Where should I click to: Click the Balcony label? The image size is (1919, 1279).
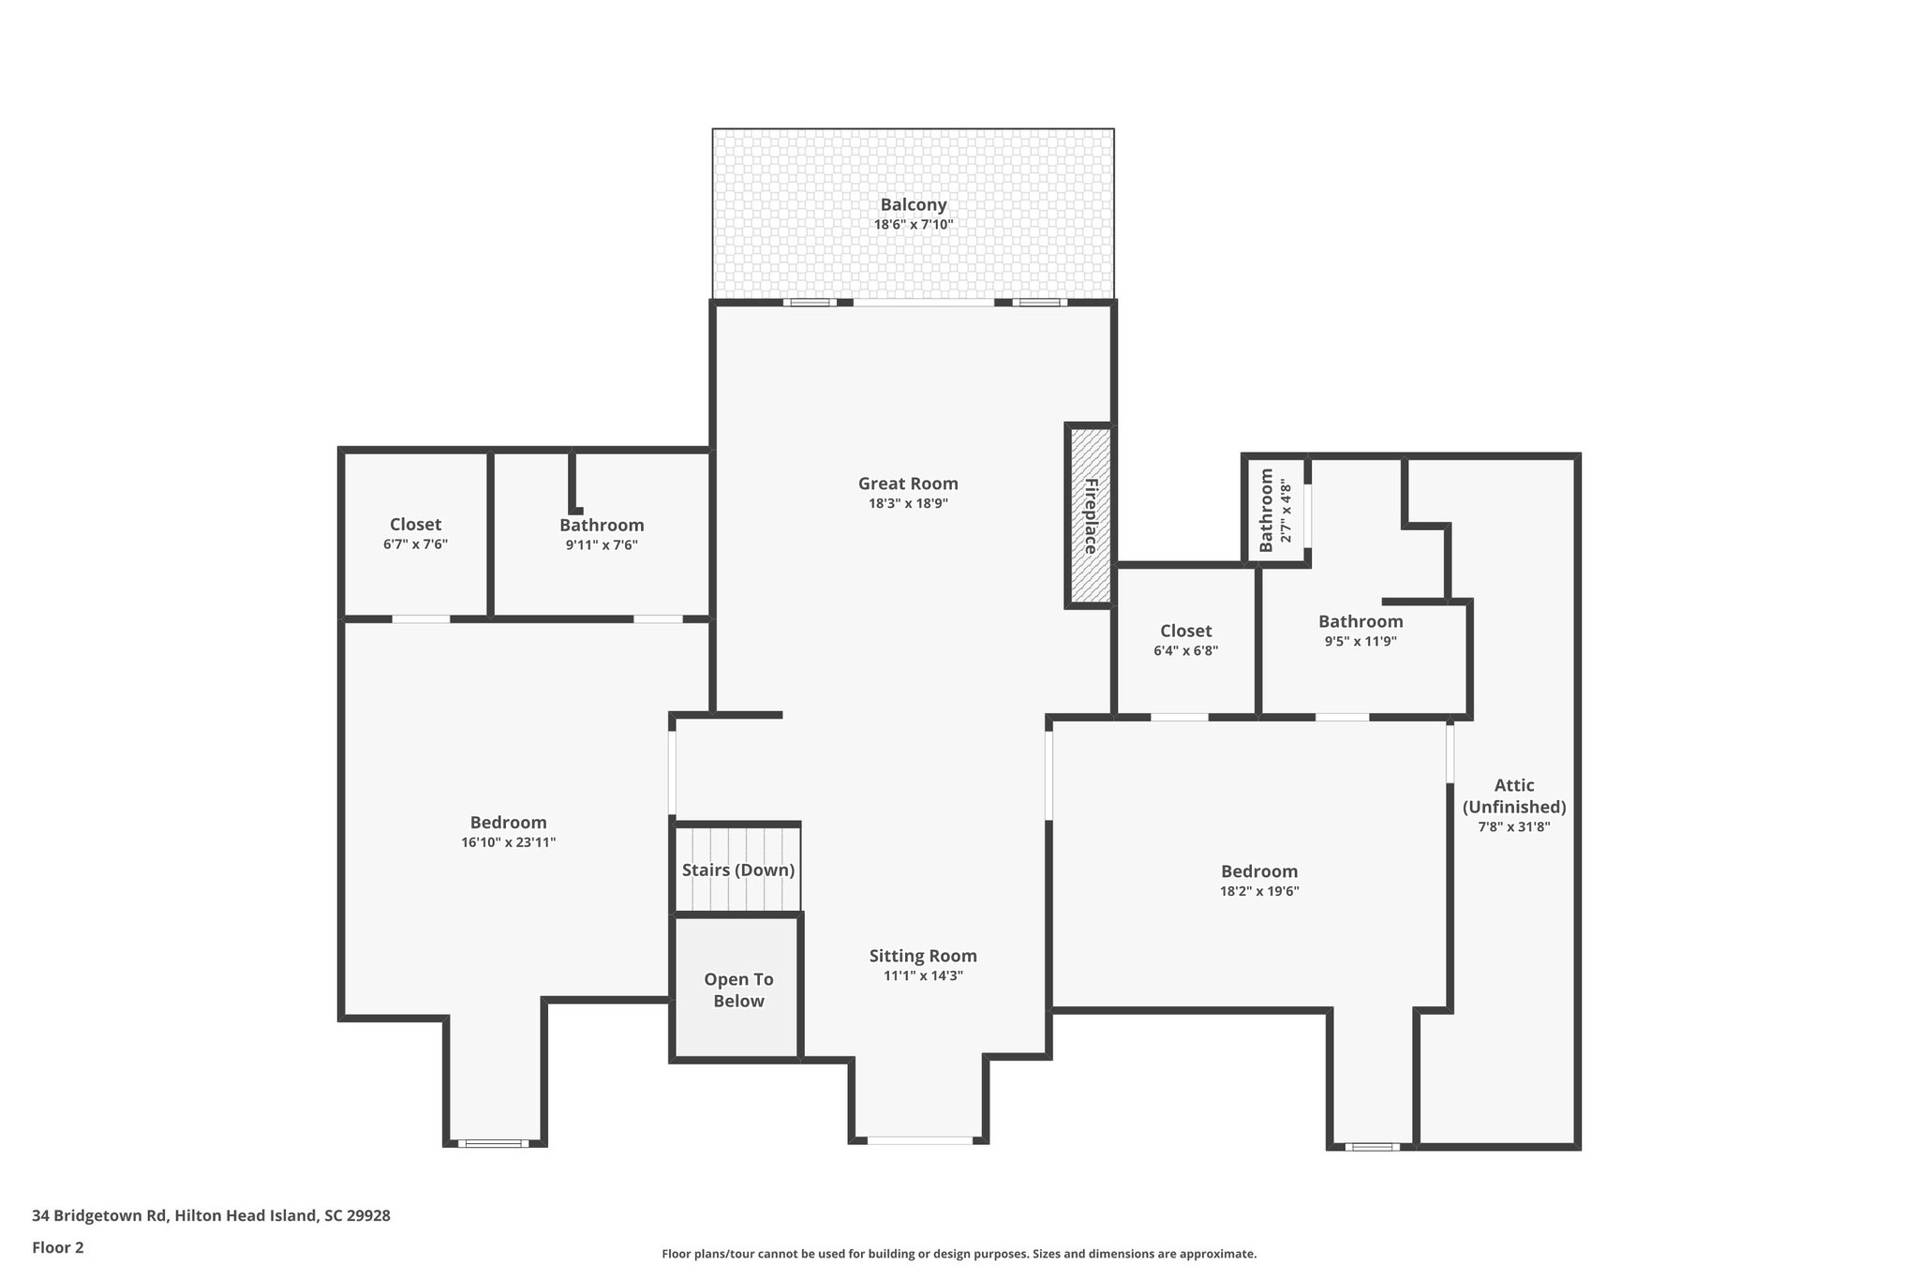913,204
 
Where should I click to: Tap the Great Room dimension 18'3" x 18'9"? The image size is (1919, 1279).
908,503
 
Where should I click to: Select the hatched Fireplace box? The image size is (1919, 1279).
1089,515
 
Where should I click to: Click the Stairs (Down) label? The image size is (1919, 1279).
738,870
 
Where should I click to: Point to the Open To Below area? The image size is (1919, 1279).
738,989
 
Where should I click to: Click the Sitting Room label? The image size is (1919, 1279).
922,956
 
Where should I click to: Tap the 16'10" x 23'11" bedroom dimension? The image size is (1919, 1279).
508,842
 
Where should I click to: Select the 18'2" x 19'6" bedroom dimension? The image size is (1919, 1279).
1258,891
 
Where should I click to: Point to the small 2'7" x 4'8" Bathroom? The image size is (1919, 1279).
1275,511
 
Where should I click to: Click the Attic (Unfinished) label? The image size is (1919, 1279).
1513,796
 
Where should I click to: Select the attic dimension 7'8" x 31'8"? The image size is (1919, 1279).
1513,826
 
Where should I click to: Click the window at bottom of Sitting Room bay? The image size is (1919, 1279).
919,1140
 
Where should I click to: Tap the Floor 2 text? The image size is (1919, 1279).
57,1247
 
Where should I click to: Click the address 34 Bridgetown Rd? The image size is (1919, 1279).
211,1215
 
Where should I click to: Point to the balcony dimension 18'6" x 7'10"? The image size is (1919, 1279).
913,225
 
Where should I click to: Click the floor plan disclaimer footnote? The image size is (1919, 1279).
959,1254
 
